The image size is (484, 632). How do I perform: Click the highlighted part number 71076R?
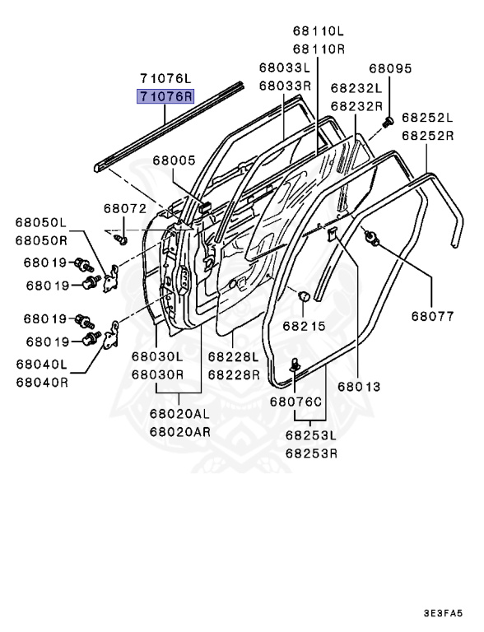click(165, 96)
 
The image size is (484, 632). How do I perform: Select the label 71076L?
click(165, 79)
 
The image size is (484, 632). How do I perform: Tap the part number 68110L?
click(319, 31)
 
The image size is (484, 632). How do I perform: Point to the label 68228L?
click(233, 357)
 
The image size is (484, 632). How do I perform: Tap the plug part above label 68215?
click(303, 295)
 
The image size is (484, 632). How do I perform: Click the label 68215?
click(303, 326)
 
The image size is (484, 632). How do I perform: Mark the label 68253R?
click(311, 453)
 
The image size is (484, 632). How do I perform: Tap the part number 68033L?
click(284, 68)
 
